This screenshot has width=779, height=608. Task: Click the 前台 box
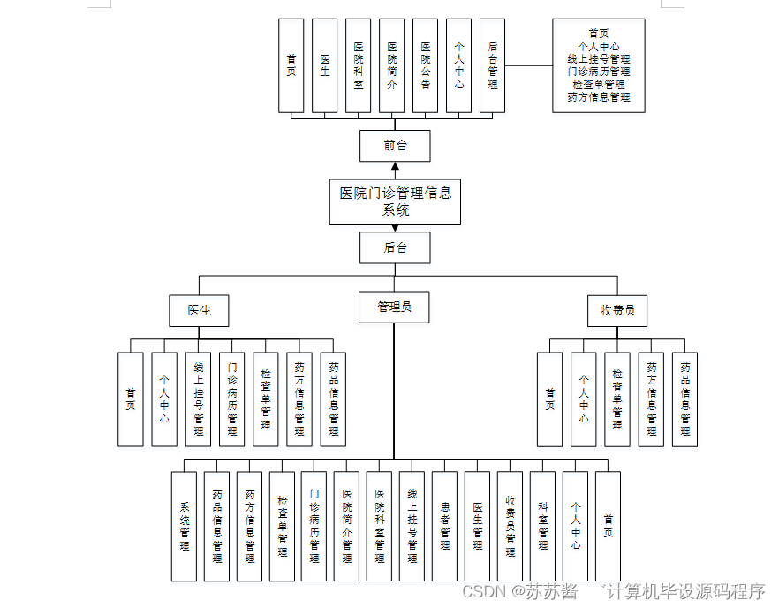tap(395, 146)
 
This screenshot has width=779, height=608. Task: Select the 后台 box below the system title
tap(395, 247)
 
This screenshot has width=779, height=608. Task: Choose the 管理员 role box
tap(394, 307)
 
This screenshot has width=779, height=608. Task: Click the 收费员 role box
tap(617, 310)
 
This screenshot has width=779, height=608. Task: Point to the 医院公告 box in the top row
tap(425, 66)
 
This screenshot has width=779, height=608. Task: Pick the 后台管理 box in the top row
tap(492, 66)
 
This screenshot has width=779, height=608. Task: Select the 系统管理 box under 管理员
tap(185, 526)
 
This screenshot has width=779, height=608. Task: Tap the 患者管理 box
tap(445, 526)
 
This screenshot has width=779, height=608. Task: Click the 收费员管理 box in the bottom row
tap(511, 526)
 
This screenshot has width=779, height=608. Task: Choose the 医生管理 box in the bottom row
tap(478, 526)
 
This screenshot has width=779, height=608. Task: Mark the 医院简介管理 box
tap(347, 526)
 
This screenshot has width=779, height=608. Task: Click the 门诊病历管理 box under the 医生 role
tap(232, 399)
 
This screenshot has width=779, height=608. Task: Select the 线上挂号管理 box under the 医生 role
tap(199, 399)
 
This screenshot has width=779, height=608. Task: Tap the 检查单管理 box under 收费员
tap(617, 399)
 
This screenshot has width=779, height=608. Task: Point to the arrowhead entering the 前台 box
tap(395, 166)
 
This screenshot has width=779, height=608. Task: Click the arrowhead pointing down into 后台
tap(395, 227)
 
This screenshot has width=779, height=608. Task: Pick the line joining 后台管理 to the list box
tap(528, 65)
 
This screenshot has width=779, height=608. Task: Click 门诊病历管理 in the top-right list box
tap(599, 72)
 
